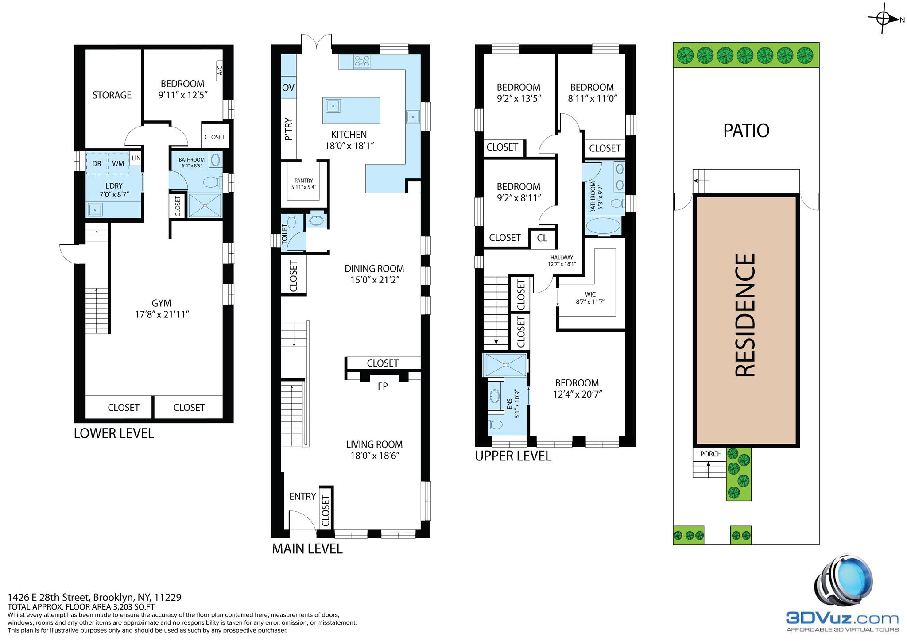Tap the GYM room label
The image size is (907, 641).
click(161, 303)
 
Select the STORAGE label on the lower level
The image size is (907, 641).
click(112, 95)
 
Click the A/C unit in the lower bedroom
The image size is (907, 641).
click(219, 71)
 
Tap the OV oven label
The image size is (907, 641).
click(288, 88)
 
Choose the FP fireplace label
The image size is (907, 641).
click(383, 386)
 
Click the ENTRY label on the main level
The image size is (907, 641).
click(302, 497)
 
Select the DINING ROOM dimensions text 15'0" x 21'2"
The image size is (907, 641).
click(374, 280)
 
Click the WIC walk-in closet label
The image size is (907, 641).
click(590, 294)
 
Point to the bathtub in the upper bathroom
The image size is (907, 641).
click(603, 226)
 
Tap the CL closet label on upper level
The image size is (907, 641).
click(542, 238)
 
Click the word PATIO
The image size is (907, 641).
click(746, 131)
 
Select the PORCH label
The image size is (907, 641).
click(711, 454)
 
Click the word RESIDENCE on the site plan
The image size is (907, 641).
click(745, 315)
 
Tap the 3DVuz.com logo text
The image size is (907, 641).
click(842, 618)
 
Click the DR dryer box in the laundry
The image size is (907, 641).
click(97, 163)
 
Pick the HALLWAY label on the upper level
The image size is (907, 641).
click(562, 258)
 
